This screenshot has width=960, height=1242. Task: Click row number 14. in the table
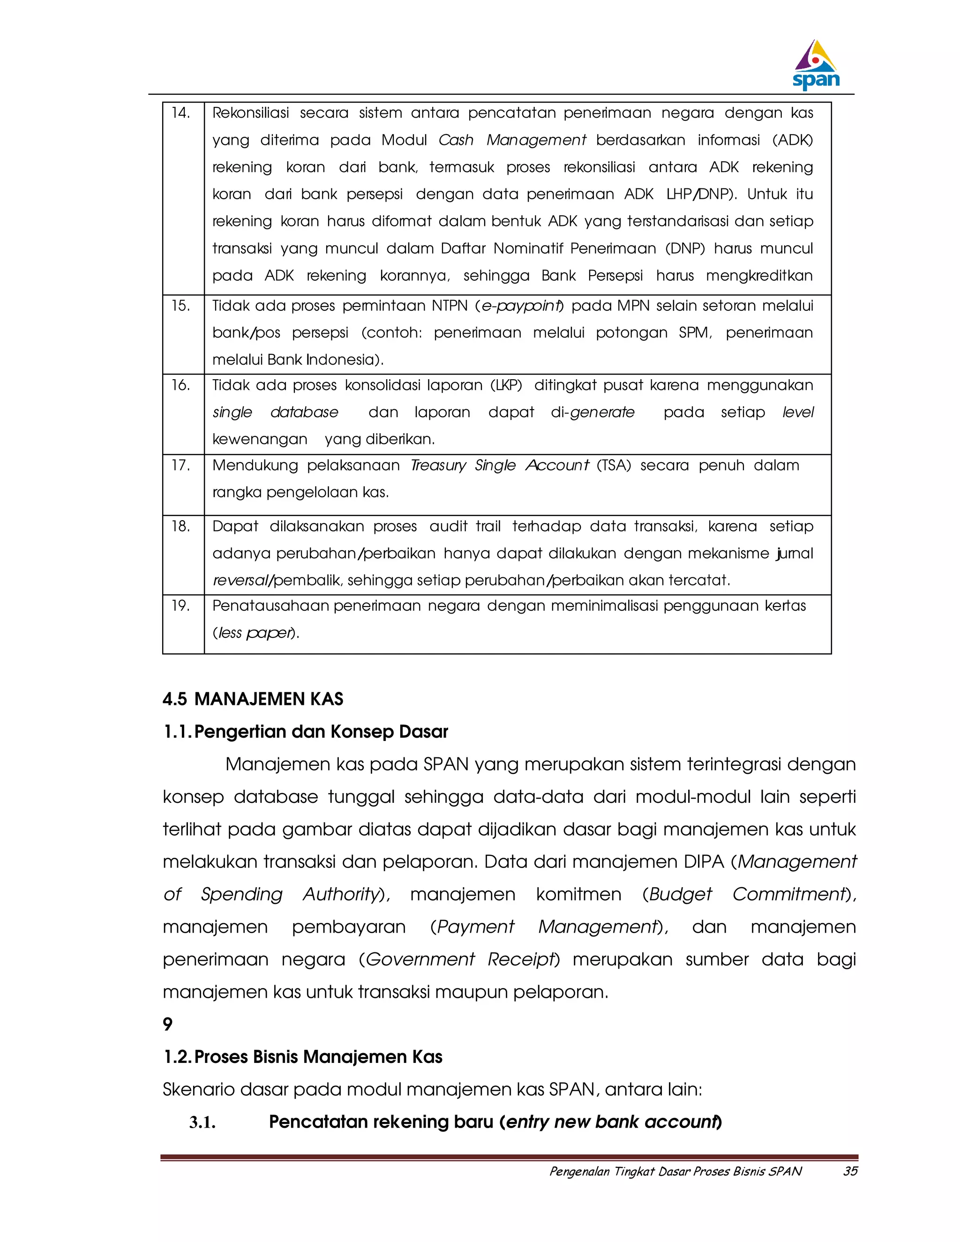point(181,112)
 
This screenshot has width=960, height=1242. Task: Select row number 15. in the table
point(181,306)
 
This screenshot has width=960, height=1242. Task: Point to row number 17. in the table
point(181,465)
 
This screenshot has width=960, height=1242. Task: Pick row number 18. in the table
point(181,526)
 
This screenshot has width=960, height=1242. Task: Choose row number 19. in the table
point(181,606)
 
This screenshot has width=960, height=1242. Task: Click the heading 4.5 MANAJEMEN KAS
point(253,699)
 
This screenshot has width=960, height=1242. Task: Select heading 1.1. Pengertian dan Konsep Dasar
point(306,731)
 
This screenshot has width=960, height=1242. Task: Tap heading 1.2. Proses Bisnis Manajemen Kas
point(302,1056)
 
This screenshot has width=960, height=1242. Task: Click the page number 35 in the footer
point(850,1171)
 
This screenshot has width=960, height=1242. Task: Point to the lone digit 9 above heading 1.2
point(168,1024)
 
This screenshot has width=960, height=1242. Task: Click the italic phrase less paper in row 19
point(255,633)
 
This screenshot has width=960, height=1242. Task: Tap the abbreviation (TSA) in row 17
point(614,465)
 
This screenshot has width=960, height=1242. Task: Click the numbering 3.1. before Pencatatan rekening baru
point(202,1122)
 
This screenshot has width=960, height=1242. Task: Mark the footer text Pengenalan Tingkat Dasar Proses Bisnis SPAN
point(675,1171)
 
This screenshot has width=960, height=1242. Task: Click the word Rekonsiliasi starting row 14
point(251,112)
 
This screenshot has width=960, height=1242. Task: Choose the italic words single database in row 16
point(275,412)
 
